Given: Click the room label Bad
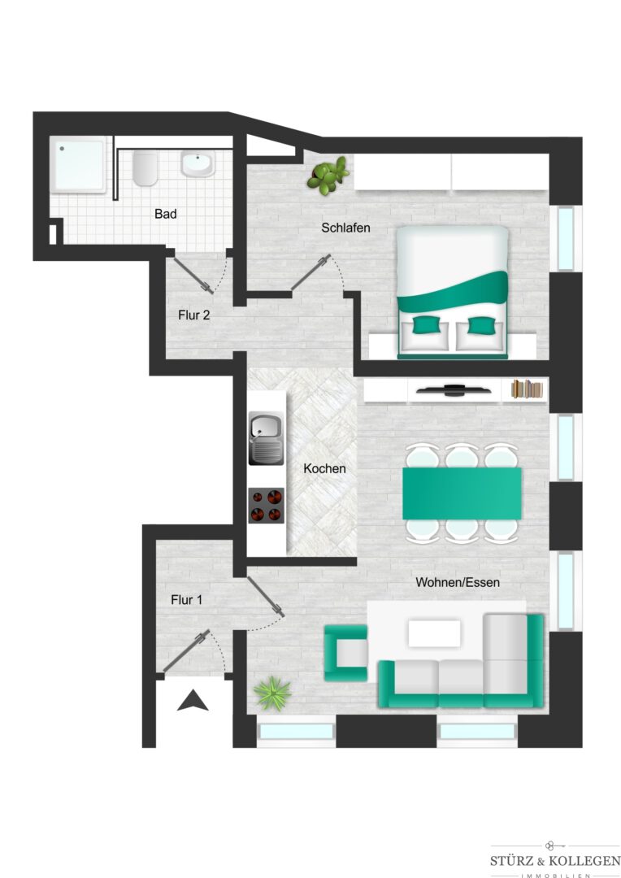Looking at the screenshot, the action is (x=165, y=213).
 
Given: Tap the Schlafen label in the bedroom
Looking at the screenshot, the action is (x=345, y=228).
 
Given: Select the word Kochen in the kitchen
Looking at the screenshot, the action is (x=324, y=468).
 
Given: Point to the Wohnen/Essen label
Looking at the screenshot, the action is (x=458, y=582).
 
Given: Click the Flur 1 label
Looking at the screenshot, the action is (x=186, y=600).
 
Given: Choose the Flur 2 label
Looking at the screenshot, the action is (x=193, y=315).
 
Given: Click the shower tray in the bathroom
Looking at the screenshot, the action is (x=78, y=165).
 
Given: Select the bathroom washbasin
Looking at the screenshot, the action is (x=197, y=163).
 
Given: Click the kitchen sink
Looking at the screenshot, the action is (x=267, y=438).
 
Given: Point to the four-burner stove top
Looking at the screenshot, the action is (x=267, y=505).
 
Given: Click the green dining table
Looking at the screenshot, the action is (x=462, y=493).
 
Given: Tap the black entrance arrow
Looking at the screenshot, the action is (x=193, y=701).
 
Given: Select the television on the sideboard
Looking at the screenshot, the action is (x=454, y=389).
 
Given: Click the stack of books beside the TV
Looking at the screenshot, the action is (x=528, y=389).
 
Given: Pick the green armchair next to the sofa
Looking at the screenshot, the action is (x=345, y=653).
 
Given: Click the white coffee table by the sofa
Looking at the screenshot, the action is (x=434, y=633).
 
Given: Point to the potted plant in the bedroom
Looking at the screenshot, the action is (x=328, y=176).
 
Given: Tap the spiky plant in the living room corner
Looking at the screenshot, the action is (x=272, y=693).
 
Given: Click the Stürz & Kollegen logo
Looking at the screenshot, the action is (x=555, y=860).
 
